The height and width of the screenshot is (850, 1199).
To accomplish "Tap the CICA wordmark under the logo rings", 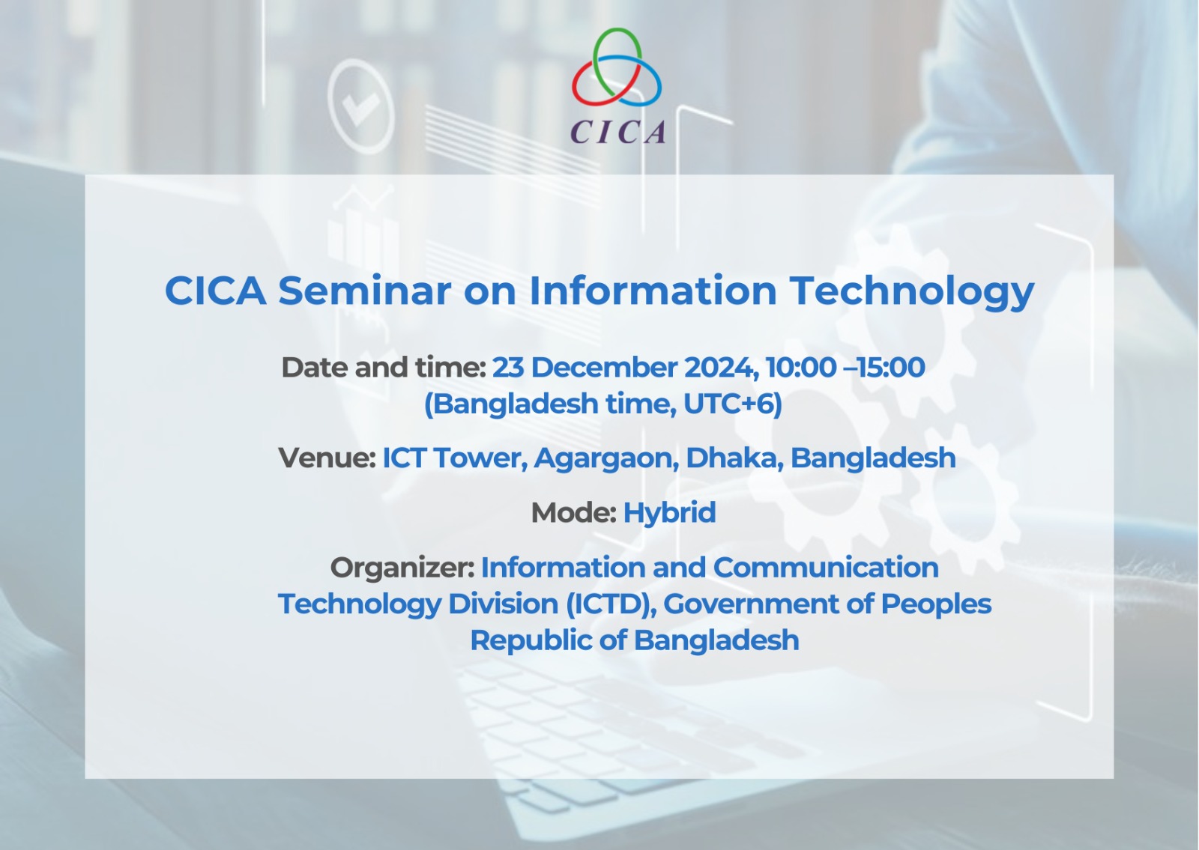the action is [x=618, y=132].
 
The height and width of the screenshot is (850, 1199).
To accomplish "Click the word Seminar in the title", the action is [x=364, y=291].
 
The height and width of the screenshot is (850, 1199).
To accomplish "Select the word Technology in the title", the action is [x=912, y=292].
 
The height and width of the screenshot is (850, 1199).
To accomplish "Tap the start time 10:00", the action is [x=800, y=368].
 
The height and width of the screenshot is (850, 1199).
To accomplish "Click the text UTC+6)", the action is [x=733, y=404].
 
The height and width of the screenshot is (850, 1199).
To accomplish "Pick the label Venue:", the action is [x=327, y=458].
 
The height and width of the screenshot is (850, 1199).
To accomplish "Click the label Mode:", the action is [x=574, y=513].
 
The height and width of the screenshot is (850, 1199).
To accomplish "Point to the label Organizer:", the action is [x=402, y=568].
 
